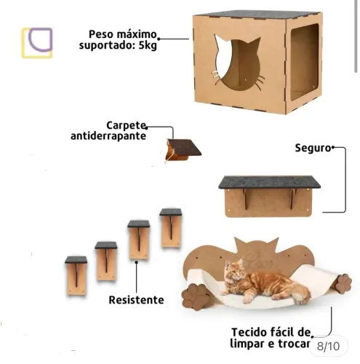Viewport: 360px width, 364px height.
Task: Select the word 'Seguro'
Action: tap(312, 147)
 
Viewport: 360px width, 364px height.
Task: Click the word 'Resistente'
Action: tap(136, 299)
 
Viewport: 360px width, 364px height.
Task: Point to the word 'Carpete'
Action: tap(128, 124)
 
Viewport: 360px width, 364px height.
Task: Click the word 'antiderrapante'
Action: tap(108, 136)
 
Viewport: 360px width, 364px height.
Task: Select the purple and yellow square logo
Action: tap(36, 43)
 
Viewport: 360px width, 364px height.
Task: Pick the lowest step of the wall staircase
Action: tap(76, 274)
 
